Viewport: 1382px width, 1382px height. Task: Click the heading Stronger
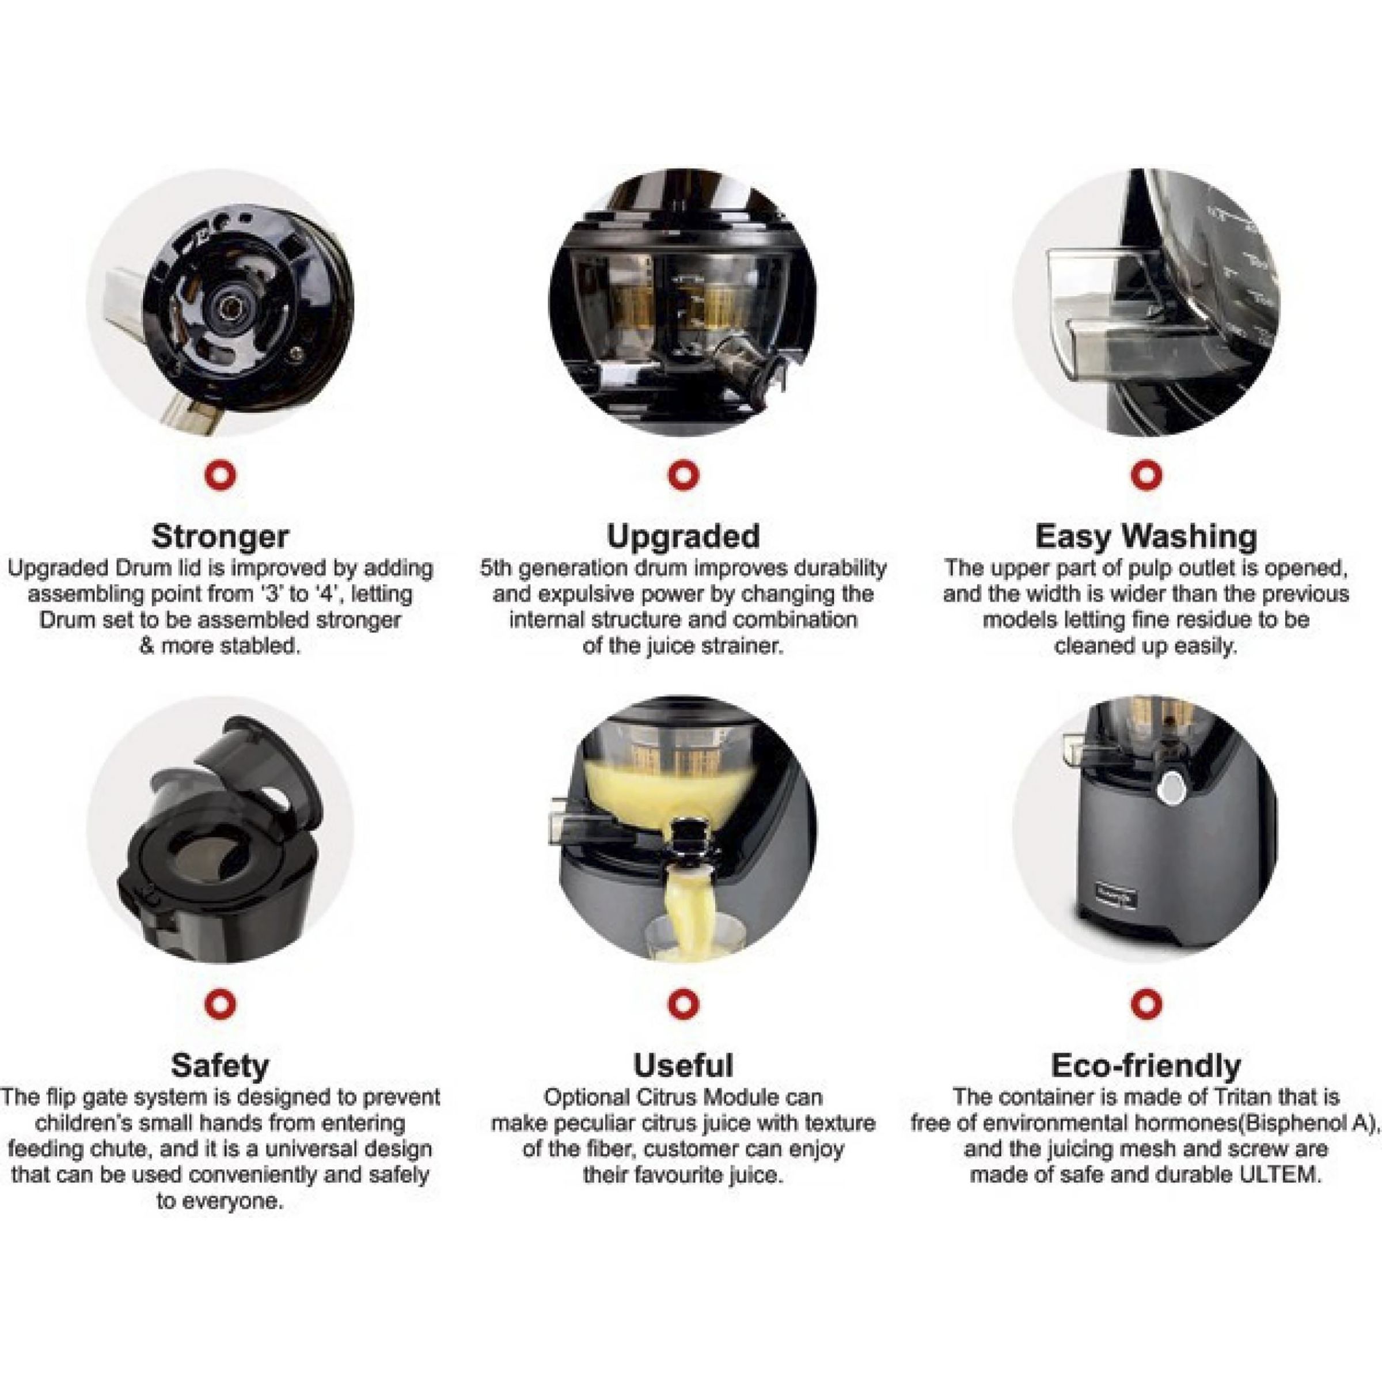(x=221, y=536)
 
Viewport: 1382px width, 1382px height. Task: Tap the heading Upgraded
(x=683, y=536)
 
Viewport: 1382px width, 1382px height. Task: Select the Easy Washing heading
(x=1146, y=536)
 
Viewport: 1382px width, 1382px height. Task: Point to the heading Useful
(x=683, y=1065)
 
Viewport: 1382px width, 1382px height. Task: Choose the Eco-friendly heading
(x=1146, y=1065)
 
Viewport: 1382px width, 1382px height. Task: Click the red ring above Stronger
(x=221, y=474)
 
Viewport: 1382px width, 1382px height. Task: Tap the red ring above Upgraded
(x=683, y=474)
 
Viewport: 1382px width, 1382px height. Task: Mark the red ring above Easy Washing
(x=1146, y=474)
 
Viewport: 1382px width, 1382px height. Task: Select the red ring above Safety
(x=221, y=1003)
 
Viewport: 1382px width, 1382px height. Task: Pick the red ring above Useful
(x=683, y=1003)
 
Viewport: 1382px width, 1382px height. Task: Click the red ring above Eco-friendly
(x=1146, y=1003)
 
